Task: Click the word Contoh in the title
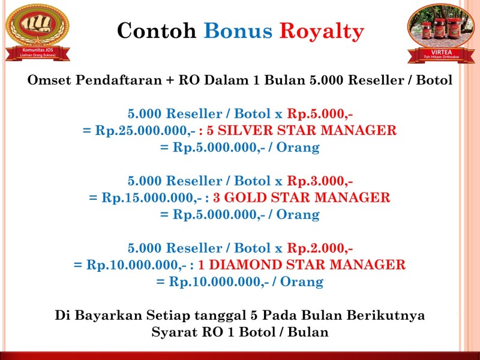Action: point(157,31)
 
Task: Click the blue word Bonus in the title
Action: point(238,31)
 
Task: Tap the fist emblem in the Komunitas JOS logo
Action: point(37,24)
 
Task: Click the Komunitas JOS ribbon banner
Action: point(38,52)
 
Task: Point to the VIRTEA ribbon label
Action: point(441,54)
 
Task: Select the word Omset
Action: point(50,80)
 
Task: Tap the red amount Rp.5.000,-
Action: point(320,114)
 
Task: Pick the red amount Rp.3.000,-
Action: point(320,181)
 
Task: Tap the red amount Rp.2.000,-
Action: point(320,248)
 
